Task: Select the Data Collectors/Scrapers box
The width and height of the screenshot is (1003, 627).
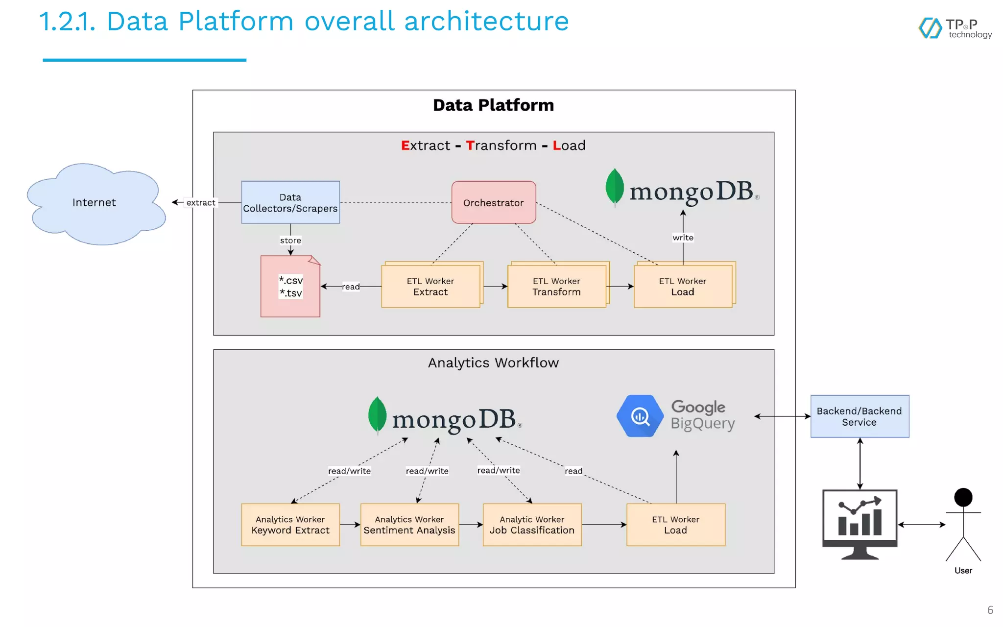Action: click(x=290, y=202)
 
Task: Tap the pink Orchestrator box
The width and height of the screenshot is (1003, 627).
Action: click(x=493, y=202)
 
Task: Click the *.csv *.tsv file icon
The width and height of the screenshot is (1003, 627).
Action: click(x=290, y=287)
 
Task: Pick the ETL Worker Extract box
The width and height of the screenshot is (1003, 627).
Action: click(x=430, y=287)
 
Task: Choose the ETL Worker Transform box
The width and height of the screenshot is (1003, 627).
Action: click(x=556, y=287)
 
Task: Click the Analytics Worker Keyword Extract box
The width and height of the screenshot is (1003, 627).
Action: click(x=290, y=525)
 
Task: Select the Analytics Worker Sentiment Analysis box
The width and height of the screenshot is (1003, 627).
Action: click(x=409, y=525)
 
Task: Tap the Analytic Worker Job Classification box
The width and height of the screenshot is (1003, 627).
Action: click(x=532, y=525)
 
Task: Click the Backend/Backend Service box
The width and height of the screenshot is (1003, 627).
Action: click(x=860, y=416)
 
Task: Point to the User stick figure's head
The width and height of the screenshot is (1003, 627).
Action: click(x=963, y=498)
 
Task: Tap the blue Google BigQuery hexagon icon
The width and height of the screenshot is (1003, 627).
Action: click(x=639, y=416)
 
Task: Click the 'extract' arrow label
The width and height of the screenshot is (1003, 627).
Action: click(x=201, y=203)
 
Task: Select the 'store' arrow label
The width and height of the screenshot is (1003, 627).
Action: click(x=290, y=241)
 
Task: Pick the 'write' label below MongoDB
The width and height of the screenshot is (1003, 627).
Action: click(x=683, y=238)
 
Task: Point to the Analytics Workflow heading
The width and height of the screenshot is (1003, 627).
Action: click(x=493, y=363)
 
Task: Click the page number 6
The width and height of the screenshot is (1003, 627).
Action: click(x=990, y=610)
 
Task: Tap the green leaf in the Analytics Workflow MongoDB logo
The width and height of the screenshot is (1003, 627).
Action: click(x=377, y=414)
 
